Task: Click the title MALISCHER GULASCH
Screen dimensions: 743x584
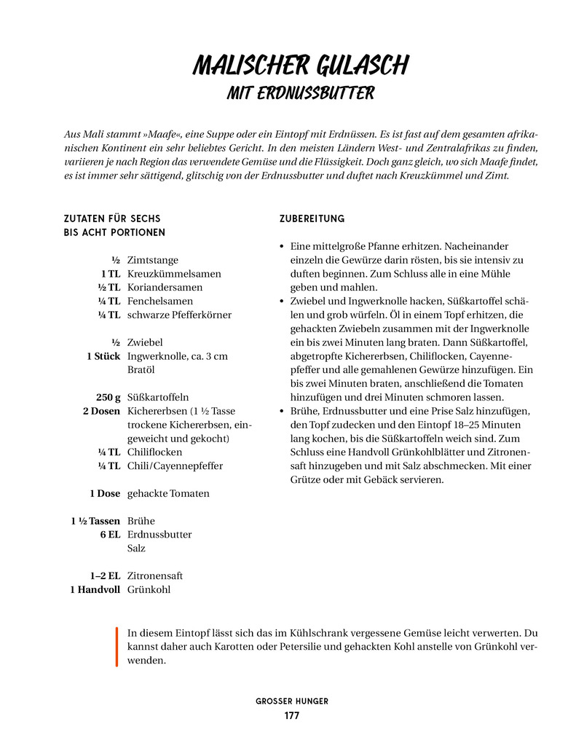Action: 301,66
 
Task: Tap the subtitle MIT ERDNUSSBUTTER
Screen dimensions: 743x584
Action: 300,94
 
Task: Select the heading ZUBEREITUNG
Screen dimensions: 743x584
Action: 312,219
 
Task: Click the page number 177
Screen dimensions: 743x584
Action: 291,715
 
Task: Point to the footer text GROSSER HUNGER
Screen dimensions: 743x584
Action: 291,701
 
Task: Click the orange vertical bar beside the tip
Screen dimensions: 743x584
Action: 116,646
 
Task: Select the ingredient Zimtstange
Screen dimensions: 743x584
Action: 152,260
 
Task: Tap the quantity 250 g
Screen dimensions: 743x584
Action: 108,397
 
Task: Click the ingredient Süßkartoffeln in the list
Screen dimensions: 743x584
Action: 158,397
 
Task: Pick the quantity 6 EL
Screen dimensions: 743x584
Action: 110,534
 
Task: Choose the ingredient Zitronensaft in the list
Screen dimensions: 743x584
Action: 154,575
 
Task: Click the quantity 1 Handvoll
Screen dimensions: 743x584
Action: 95,589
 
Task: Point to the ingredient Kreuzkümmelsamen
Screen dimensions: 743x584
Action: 174,274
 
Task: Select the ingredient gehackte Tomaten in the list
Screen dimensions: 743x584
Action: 168,493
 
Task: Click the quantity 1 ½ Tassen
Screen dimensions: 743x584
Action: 95,521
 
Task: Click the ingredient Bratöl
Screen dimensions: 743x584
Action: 141,369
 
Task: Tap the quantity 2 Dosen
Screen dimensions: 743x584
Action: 101,411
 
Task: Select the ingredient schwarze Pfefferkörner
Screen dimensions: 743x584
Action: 179,315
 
